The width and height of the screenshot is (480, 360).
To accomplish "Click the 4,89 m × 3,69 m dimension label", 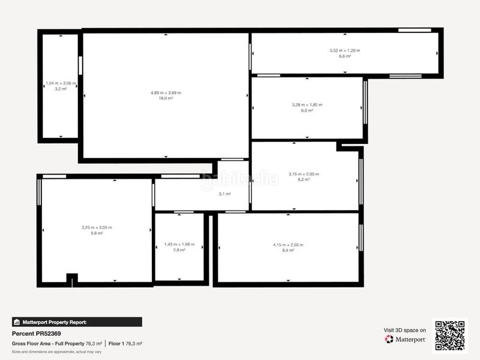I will click(166, 92).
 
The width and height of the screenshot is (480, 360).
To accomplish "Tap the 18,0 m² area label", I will click(166, 98).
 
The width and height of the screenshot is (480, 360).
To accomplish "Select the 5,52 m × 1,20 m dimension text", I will click(344, 50).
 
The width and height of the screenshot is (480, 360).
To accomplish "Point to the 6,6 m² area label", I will click(344, 56).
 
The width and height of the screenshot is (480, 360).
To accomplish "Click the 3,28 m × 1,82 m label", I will click(307, 105).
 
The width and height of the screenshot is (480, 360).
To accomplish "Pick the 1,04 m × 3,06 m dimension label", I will click(61, 83).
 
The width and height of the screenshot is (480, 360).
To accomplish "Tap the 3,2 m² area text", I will click(61, 89).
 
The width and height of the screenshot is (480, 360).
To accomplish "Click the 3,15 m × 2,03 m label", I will click(304, 174).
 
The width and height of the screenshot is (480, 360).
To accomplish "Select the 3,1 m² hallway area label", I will click(224, 194).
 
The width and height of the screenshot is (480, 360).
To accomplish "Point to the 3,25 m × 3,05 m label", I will click(97, 227).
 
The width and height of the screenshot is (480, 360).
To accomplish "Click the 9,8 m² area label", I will click(97, 233).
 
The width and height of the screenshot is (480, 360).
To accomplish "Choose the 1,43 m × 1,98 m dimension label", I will click(179, 244).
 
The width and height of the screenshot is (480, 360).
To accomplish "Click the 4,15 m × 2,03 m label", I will click(288, 245).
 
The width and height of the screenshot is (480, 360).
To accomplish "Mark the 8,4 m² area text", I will click(288, 250).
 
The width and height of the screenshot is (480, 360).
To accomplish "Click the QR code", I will click(450, 335).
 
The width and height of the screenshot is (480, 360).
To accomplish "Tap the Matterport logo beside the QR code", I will click(406, 340).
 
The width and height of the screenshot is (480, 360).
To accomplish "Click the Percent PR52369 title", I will click(37, 333).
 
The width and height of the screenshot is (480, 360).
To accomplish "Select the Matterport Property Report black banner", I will click(77, 322).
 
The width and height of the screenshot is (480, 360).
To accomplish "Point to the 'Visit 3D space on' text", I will click(405, 330).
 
